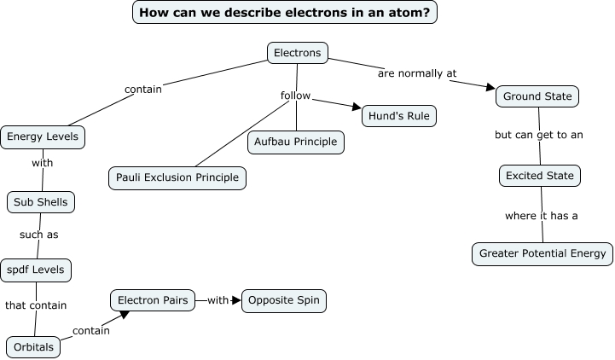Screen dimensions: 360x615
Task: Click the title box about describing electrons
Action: coord(285,13)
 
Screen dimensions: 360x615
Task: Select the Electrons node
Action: coord(298,53)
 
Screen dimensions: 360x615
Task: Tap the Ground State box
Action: coord(537,96)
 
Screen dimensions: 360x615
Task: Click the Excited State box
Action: coord(540,176)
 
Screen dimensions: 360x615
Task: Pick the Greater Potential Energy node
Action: coord(542,253)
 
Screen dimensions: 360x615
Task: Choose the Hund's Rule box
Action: coord(399,115)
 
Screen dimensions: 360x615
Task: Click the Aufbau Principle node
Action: coord(296,142)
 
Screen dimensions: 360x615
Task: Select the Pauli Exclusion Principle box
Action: coord(177,178)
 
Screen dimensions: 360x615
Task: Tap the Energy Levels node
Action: coord(43,136)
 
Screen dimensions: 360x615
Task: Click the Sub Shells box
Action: coord(41,202)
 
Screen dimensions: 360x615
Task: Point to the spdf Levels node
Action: coord(36,270)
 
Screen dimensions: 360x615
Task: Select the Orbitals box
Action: coord(34,347)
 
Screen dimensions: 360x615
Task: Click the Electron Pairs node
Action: coord(152,300)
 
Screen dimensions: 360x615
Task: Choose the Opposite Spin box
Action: coord(284,300)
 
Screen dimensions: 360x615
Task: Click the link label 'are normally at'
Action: coord(417,73)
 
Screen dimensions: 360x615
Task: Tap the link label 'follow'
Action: coord(295,96)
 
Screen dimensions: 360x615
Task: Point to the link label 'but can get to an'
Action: coord(539,135)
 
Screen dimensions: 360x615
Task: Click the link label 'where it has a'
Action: coord(541,216)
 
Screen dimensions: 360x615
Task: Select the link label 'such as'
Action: coord(38,235)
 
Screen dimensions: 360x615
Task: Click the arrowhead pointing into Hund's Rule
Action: coord(356,107)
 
